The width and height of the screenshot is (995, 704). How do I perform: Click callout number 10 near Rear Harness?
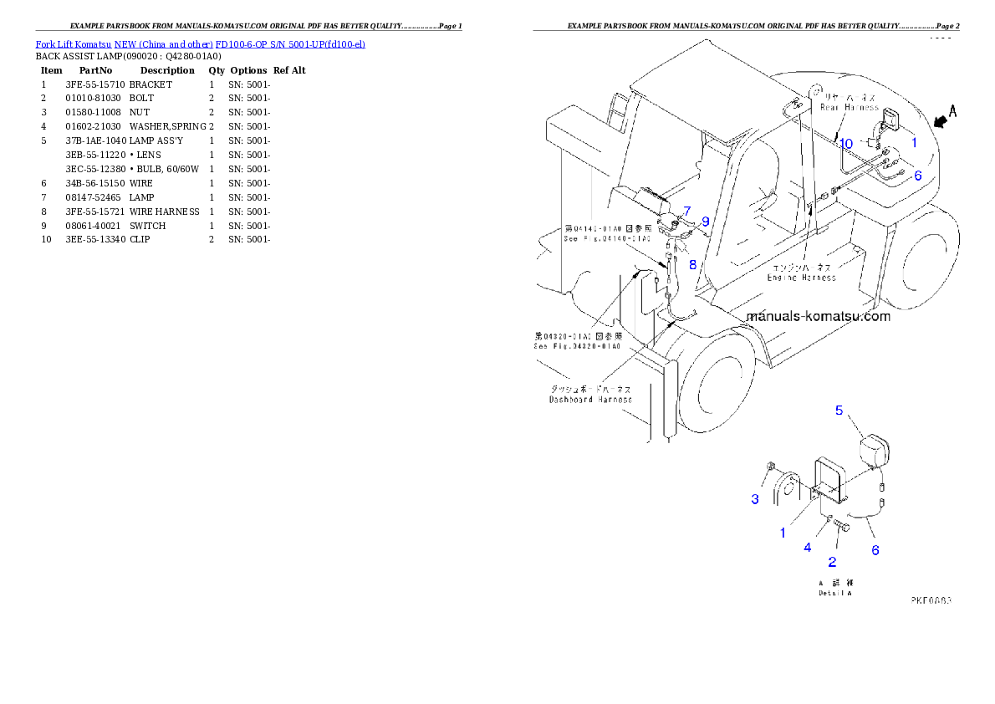pyautogui.click(x=846, y=144)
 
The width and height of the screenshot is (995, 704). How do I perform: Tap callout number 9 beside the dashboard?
pyautogui.click(x=705, y=222)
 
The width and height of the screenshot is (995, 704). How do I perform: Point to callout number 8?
pyautogui.click(x=692, y=264)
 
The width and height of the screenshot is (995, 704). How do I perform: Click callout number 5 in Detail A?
pyautogui.click(x=840, y=410)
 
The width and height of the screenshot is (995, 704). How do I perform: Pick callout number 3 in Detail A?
pyautogui.click(x=755, y=499)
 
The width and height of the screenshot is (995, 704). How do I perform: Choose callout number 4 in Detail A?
pyautogui.click(x=808, y=548)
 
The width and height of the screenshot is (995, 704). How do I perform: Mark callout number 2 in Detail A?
pyautogui.click(x=832, y=562)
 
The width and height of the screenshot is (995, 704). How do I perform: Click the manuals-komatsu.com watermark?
pyautogui.click(x=818, y=317)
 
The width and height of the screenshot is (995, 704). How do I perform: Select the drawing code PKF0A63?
pyautogui.click(x=931, y=599)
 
